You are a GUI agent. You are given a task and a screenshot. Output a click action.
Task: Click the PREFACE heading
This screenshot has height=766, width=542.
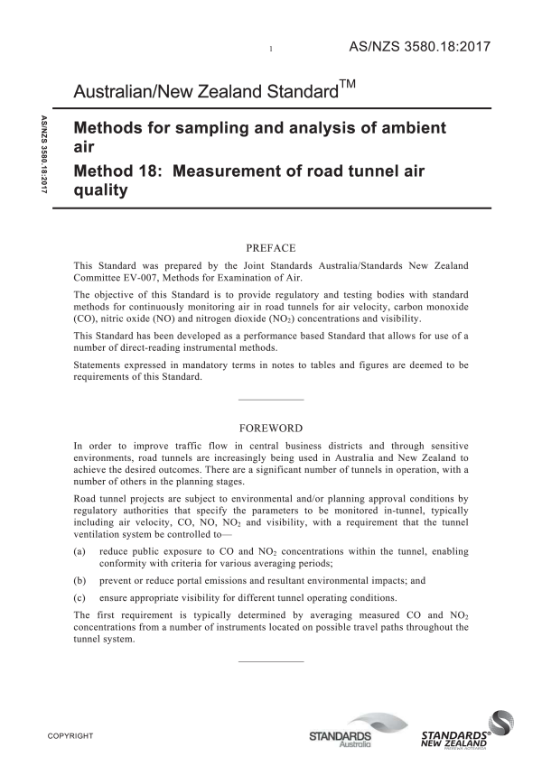tap(271, 245)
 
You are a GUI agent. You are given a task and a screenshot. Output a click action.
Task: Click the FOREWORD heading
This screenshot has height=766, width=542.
tap(271, 428)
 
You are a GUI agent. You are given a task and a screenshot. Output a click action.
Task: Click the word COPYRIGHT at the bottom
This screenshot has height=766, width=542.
tap(70, 737)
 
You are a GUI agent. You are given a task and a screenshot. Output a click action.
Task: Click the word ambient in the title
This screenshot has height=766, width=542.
tap(406, 129)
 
